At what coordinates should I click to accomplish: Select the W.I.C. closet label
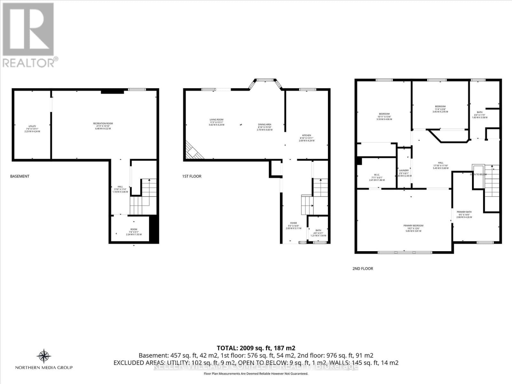tap(377, 177)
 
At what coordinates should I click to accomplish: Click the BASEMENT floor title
tap(20, 176)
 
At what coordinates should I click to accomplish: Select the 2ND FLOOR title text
tap(363, 268)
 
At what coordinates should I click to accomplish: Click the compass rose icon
tap(44, 355)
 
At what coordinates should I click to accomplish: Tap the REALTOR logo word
tap(29, 63)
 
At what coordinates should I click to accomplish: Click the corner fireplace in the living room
tap(193, 150)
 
